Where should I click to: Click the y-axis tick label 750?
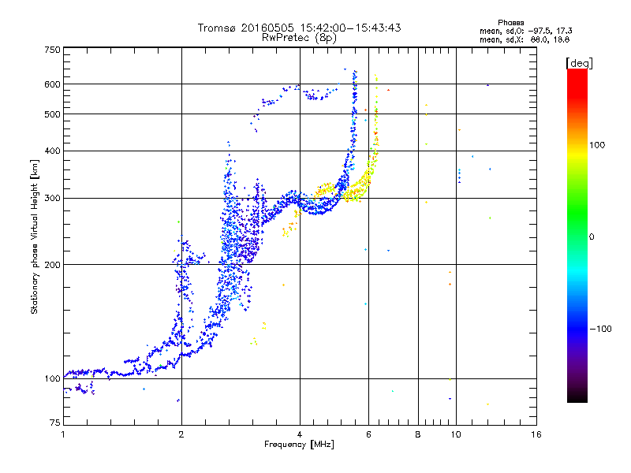[53, 50]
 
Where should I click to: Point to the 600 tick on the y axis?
[53, 84]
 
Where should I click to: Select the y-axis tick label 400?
[53, 151]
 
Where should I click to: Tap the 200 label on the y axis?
[53, 265]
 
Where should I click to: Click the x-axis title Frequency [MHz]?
[299, 445]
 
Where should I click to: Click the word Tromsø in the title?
[220, 28]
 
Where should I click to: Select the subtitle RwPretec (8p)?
[299, 37]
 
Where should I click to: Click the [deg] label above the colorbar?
[580, 62]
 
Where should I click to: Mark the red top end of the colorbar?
[577, 73]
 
